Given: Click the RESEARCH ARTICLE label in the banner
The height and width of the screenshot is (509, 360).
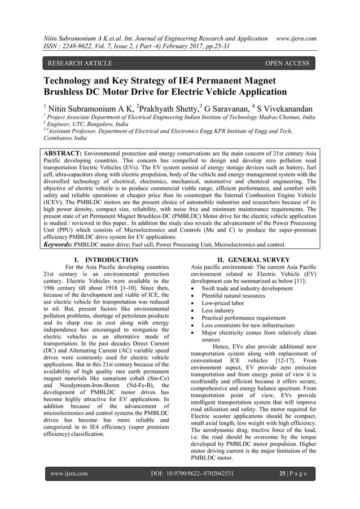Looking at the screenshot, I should point(77,63).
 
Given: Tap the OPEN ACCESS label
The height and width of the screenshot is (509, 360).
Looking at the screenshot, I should point(287,63).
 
